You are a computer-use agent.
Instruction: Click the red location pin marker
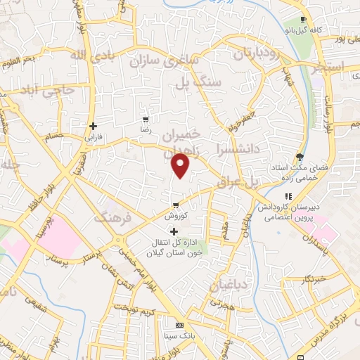point(181,165)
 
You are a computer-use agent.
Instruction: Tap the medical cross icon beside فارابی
point(93,127)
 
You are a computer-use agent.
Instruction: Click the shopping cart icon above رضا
point(146,120)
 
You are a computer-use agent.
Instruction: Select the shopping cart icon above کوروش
point(174,206)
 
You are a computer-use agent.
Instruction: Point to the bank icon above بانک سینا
point(179,325)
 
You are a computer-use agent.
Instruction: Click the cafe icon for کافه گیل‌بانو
point(302,19)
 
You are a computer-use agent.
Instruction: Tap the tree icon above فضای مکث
point(301,156)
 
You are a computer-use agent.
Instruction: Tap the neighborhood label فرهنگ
point(112,219)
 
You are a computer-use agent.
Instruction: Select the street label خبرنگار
point(312,280)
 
